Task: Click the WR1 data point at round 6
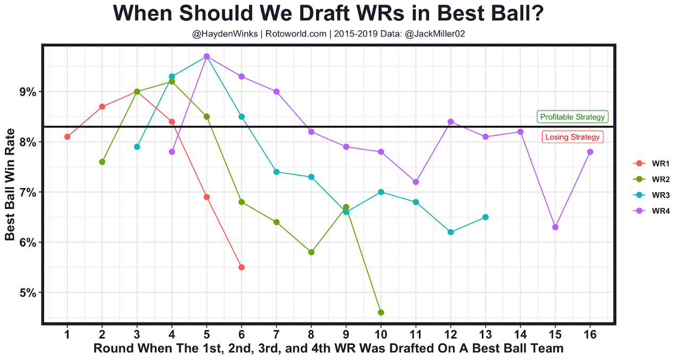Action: click(242, 267)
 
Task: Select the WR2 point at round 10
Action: click(381, 312)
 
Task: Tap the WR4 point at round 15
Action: click(555, 227)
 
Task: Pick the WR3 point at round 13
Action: click(486, 217)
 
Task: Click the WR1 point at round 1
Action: click(67, 136)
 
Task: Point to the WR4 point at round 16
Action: click(590, 152)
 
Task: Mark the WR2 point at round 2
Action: click(102, 162)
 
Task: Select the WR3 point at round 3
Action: click(137, 147)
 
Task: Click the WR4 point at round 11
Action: click(416, 182)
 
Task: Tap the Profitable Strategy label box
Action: click(572, 117)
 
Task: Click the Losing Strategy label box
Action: click(572, 137)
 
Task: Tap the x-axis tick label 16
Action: click(590, 335)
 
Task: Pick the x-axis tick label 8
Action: click(311, 335)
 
